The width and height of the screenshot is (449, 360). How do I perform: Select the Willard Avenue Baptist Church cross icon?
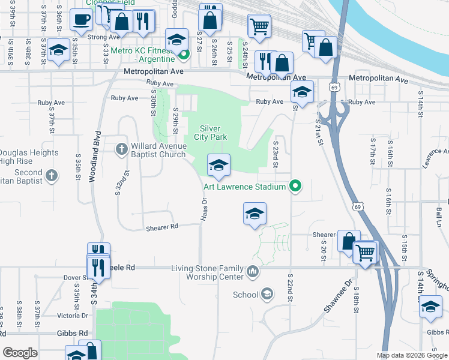pos(121,148)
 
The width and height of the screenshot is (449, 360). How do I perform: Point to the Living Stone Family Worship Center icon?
pos(253,272)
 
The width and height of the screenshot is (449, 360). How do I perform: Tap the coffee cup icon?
pos(80,19)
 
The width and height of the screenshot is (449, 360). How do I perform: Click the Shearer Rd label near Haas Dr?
pos(162,227)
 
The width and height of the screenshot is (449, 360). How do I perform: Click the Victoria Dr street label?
pos(73,315)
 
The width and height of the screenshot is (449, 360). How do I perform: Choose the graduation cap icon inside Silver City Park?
pos(218,164)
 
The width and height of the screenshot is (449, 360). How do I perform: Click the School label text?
pos(246,295)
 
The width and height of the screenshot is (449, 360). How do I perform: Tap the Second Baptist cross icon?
pos(52,175)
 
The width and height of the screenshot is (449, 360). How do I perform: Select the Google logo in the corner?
pos(20,353)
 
